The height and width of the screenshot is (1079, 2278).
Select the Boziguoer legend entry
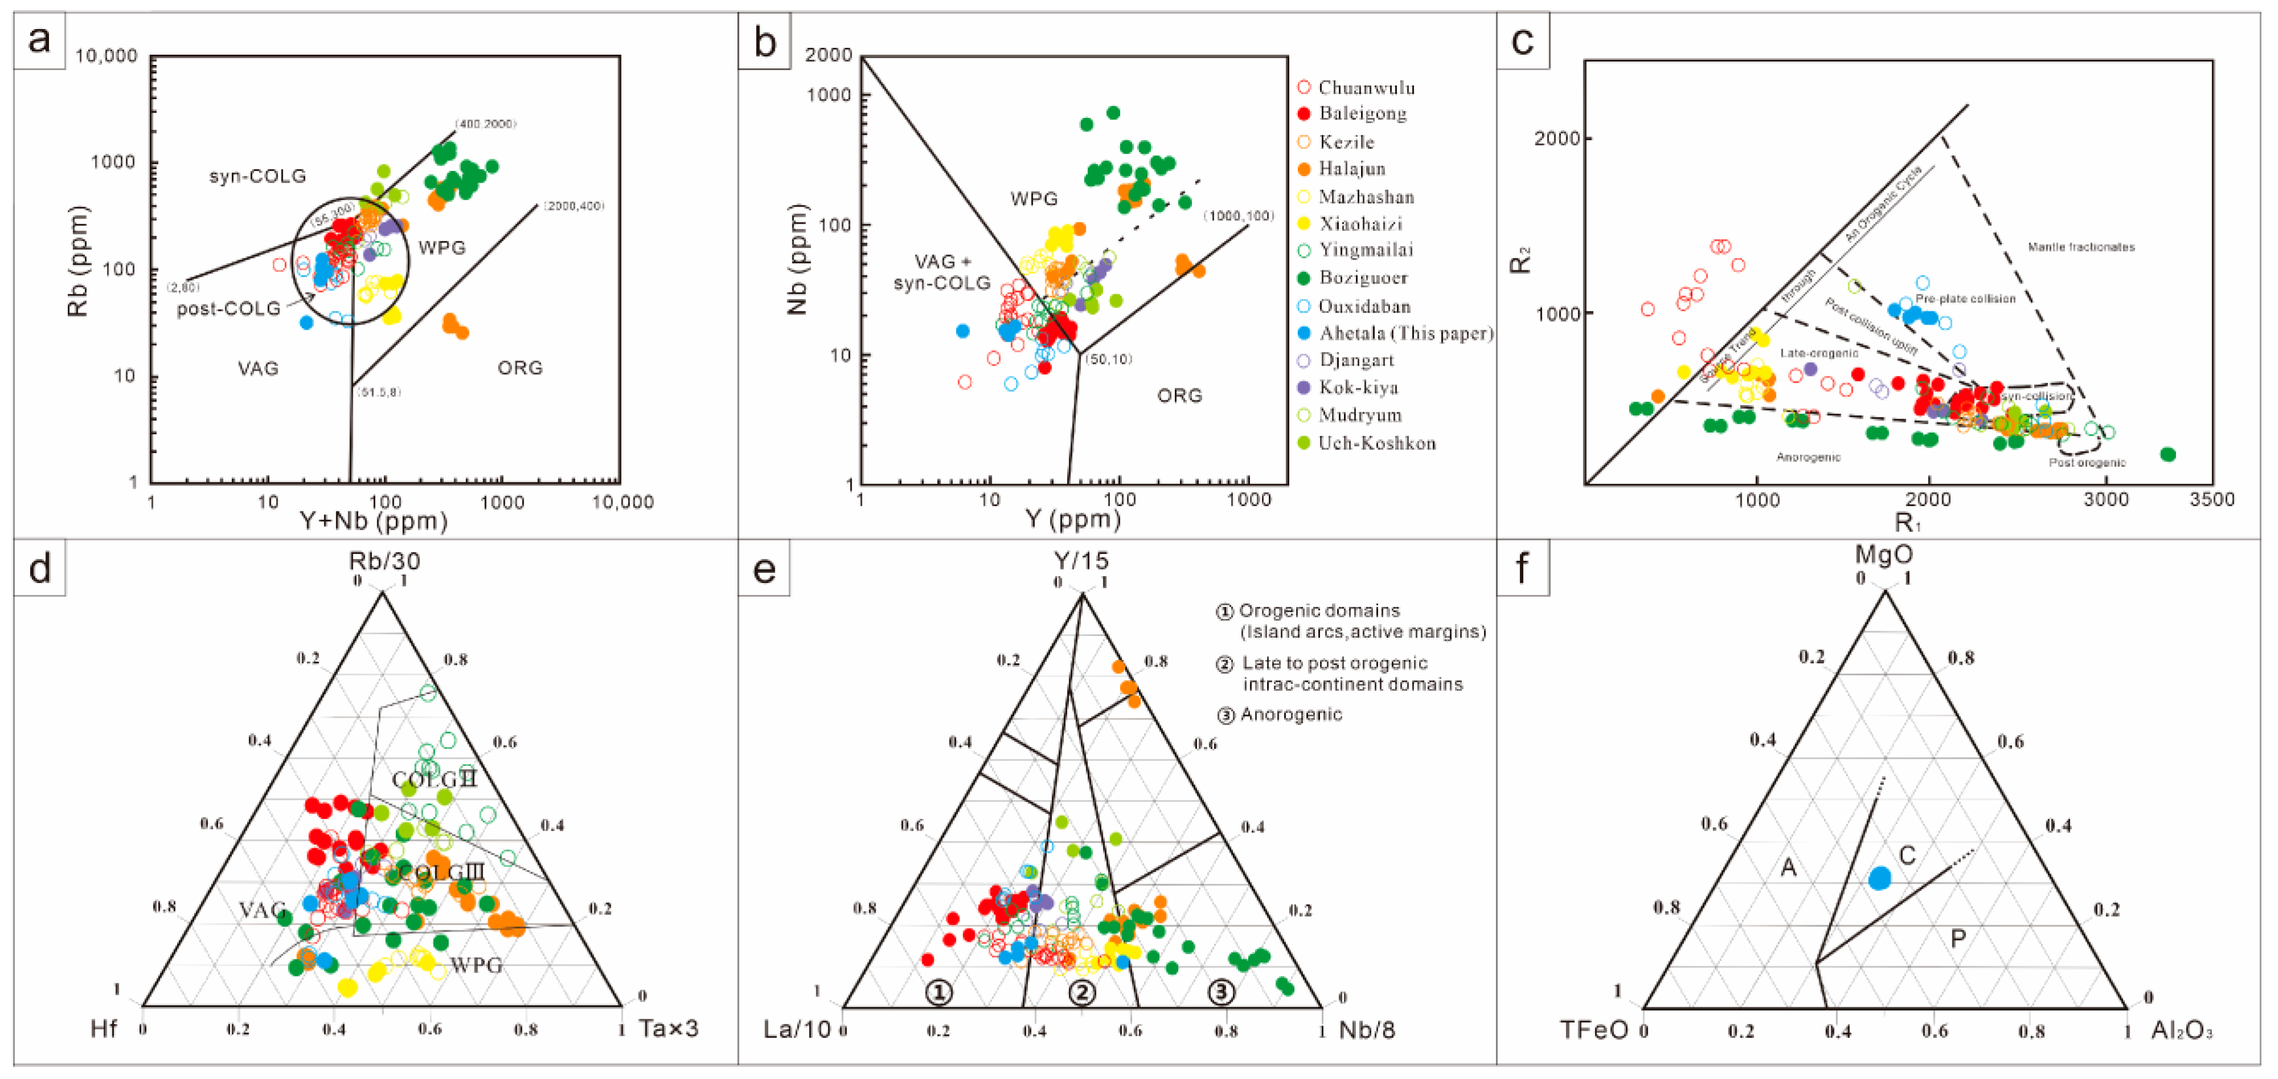click(x=1362, y=278)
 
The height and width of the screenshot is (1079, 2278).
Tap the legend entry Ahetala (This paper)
click(x=1404, y=334)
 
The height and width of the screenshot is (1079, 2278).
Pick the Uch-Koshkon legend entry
click(x=1376, y=443)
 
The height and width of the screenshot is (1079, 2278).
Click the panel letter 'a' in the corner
click(x=39, y=40)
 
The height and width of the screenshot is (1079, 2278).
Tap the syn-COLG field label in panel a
click(x=257, y=176)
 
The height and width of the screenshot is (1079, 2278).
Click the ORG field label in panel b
click(x=1179, y=395)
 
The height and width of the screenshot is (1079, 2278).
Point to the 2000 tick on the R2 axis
click(x=1556, y=139)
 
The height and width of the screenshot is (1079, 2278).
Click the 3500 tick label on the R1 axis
click(x=2211, y=500)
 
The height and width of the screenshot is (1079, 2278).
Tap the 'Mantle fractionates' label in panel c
click(x=2081, y=247)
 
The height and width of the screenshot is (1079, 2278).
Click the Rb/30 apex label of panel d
click(x=384, y=561)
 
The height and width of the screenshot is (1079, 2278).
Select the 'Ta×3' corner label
click(x=668, y=1028)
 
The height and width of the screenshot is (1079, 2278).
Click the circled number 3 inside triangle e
click(x=1221, y=992)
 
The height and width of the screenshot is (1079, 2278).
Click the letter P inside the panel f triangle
click(x=1958, y=938)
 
